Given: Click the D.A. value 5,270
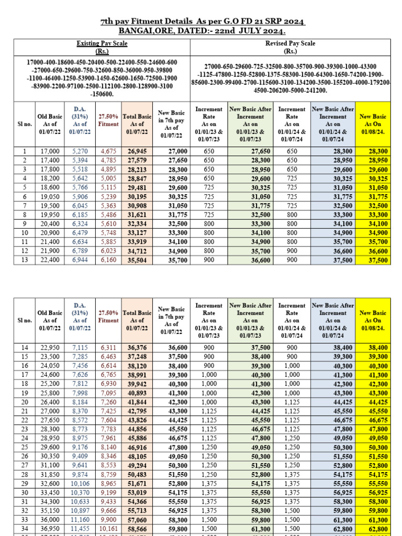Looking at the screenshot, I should pos(80,151).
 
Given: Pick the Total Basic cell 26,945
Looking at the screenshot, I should pos(137,151).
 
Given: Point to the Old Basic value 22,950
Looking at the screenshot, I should pos(50,347).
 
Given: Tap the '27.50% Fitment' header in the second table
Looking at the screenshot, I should pos(108,317).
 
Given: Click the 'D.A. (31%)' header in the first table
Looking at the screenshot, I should pos(80,120).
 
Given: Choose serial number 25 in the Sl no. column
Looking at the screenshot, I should pos(24,432).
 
